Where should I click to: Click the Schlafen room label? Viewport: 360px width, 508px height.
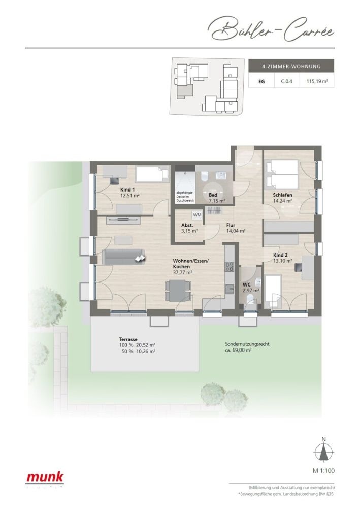click(x=282, y=195)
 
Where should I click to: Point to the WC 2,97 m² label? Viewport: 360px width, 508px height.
click(x=249, y=287)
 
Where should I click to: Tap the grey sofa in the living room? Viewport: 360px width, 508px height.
click(x=122, y=257)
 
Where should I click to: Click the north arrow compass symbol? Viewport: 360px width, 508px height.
click(x=323, y=451)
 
